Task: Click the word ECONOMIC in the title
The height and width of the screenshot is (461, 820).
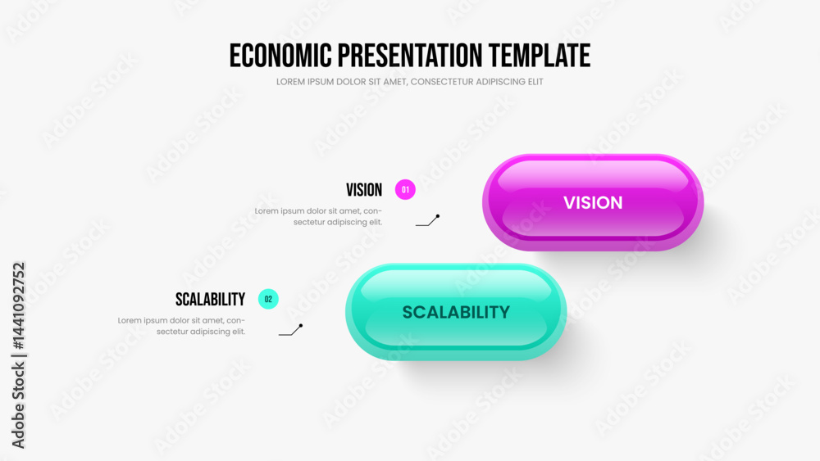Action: (x=280, y=56)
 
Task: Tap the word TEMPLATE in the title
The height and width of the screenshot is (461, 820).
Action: (x=540, y=56)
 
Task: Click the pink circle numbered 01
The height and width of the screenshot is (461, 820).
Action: (x=405, y=189)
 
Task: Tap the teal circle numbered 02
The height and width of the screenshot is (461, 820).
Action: (x=268, y=299)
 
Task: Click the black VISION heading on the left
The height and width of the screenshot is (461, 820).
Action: (x=364, y=190)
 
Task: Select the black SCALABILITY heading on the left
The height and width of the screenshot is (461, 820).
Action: (x=210, y=300)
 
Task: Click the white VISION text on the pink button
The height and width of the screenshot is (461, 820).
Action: (x=593, y=202)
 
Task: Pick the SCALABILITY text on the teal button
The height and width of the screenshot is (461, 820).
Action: (x=456, y=312)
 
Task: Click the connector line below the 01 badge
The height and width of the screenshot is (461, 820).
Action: (x=427, y=221)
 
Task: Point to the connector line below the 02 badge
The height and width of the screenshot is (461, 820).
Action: (x=290, y=331)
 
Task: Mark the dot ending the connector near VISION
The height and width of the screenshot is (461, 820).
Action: (x=438, y=215)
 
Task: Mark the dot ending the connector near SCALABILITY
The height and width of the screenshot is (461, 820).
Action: (x=301, y=325)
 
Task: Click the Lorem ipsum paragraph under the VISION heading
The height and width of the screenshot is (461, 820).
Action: (x=318, y=217)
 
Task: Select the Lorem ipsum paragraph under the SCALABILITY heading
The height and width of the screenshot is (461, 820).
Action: (x=181, y=326)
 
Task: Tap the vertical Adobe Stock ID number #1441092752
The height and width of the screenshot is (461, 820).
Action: (x=19, y=306)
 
